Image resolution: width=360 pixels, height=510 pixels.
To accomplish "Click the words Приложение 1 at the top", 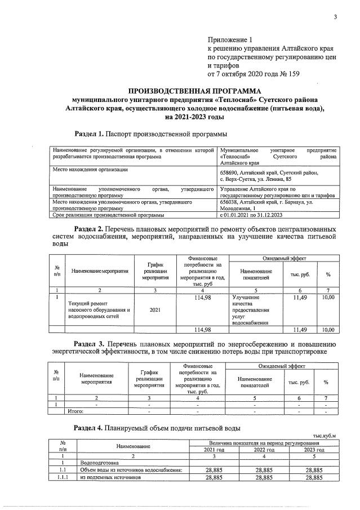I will coord(232,40).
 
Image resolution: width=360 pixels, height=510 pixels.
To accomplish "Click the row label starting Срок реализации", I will coord(108,215).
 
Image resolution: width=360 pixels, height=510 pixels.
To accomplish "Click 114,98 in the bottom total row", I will coord(201,330).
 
